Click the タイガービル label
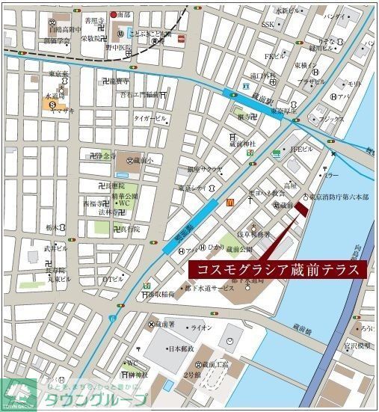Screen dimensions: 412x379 pos(149,118)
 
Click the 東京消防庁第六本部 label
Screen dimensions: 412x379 pos(339,196)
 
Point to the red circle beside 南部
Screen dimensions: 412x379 pos(114,14)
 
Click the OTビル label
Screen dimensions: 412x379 pos(113,280)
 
